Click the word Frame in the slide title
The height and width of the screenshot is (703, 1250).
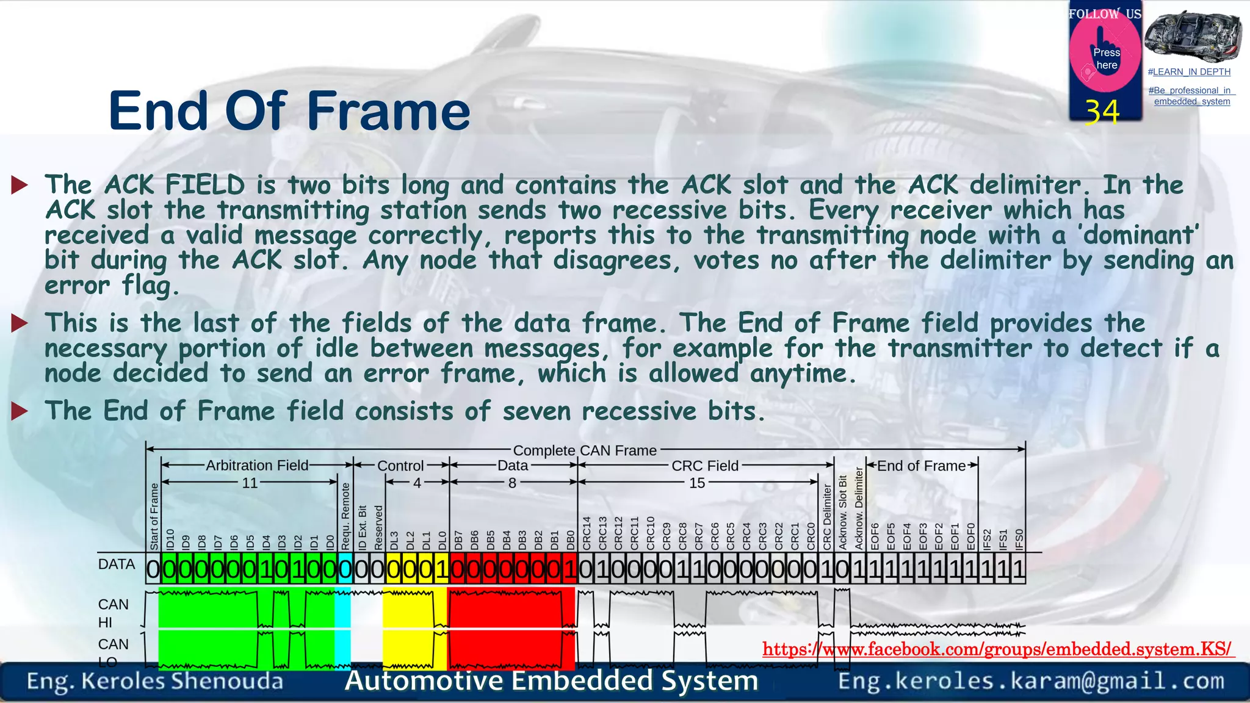click(x=388, y=111)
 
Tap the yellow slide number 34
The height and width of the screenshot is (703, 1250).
click(x=1102, y=112)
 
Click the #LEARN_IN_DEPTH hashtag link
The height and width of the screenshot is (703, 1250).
click(x=1189, y=72)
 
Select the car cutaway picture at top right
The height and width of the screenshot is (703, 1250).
click(x=1192, y=35)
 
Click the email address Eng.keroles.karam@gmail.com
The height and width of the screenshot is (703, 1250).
click(x=1031, y=680)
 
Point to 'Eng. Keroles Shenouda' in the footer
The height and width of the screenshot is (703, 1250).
click(x=155, y=681)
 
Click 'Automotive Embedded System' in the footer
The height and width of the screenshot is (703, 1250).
click(x=551, y=680)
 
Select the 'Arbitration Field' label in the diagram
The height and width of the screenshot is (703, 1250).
click(x=257, y=465)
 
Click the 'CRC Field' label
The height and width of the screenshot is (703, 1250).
click(x=705, y=466)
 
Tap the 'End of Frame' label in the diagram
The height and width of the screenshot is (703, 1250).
click(x=922, y=466)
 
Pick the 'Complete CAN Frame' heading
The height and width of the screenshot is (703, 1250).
click(x=585, y=450)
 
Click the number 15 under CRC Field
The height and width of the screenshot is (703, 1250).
click(x=697, y=483)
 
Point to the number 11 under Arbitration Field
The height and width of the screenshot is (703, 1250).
click(x=250, y=483)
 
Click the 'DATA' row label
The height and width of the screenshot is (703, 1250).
click(x=117, y=564)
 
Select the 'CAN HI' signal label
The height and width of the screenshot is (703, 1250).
click(x=114, y=613)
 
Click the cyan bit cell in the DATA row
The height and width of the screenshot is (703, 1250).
click(x=345, y=569)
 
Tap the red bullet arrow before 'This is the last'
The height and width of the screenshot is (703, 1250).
click(x=20, y=323)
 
